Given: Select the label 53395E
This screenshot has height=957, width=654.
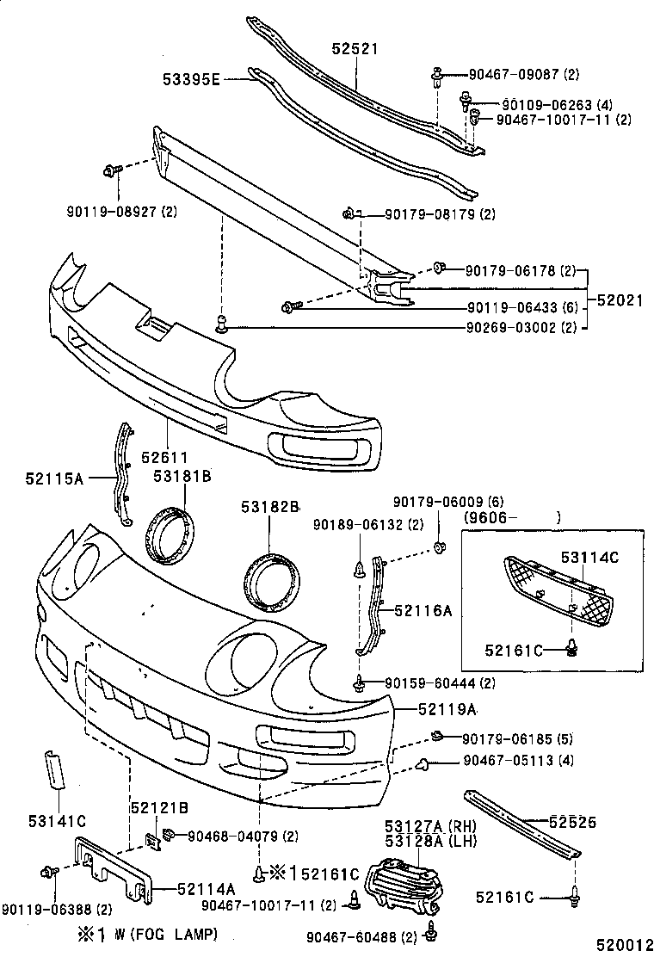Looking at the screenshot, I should pyautogui.click(x=193, y=80).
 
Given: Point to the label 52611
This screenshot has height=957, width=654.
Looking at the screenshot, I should pyautogui.click(x=164, y=458).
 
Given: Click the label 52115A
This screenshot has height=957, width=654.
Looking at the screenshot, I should pyautogui.click(x=53, y=478).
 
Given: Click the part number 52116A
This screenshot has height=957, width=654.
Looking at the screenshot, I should pyautogui.click(x=423, y=610).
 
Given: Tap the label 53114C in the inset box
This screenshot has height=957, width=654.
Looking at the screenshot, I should pyautogui.click(x=590, y=557).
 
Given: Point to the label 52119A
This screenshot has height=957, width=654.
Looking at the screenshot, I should pyautogui.click(x=447, y=709).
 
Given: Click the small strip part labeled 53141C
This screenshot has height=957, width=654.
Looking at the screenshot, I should pyautogui.click(x=55, y=768).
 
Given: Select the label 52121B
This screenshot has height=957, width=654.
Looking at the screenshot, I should pyautogui.click(x=160, y=807).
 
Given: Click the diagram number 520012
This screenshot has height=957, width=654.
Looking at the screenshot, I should pyautogui.click(x=620, y=945).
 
